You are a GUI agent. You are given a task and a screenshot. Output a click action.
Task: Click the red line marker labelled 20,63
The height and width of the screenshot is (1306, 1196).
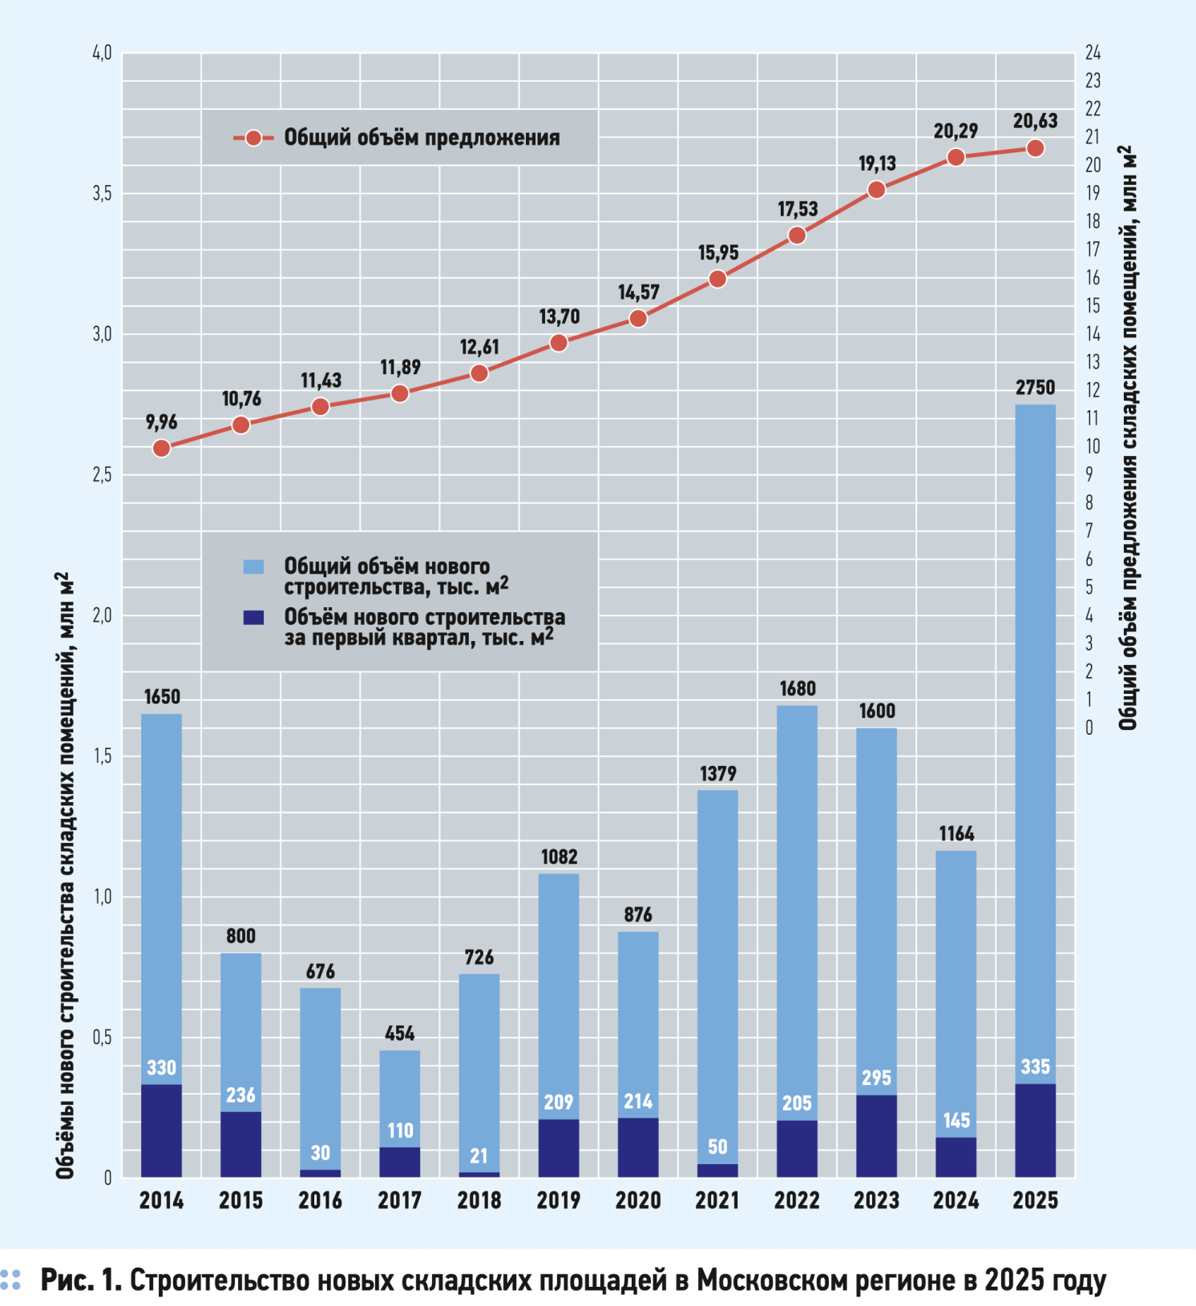(1035, 148)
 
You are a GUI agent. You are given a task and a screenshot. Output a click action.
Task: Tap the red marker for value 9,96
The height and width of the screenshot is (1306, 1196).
(161, 448)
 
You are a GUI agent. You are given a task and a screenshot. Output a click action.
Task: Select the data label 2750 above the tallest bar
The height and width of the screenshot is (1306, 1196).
(1035, 388)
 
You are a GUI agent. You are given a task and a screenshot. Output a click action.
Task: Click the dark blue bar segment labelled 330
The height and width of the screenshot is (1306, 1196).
(161, 1130)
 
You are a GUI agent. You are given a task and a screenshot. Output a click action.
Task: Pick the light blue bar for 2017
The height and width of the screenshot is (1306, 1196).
(399, 1098)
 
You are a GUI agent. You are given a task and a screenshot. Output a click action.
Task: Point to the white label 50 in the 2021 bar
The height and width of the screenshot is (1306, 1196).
(717, 1147)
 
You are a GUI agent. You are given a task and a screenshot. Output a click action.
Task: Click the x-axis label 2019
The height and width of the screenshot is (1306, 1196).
(559, 1200)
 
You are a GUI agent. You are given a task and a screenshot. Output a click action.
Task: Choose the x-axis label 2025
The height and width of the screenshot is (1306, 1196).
(1035, 1200)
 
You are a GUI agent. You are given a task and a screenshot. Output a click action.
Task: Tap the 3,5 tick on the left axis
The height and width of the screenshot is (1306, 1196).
(102, 194)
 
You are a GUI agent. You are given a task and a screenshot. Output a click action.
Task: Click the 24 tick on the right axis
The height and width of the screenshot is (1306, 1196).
(1093, 53)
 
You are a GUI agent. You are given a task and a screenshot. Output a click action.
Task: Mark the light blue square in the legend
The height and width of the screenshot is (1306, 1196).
(253, 566)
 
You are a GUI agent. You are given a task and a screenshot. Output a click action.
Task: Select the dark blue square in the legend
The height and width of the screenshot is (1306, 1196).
(253, 618)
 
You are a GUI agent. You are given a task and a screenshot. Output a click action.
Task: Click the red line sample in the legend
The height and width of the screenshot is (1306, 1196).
(253, 138)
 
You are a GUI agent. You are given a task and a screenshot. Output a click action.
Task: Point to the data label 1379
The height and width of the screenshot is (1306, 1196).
(717, 773)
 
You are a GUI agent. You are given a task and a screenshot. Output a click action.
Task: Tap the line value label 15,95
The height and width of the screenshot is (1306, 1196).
(717, 253)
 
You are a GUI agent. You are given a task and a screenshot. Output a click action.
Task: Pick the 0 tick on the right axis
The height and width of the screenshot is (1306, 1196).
(1089, 728)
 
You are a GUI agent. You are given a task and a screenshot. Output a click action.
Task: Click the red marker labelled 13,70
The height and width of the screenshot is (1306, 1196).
(559, 343)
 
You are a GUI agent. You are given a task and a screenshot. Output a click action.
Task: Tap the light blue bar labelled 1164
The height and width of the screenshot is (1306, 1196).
(956, 994)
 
